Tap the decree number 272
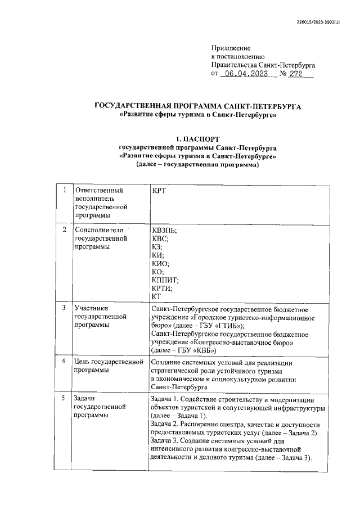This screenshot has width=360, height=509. (294, 74)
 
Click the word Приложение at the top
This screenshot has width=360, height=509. (231, 48)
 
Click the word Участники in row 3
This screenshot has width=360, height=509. (91, 308)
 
